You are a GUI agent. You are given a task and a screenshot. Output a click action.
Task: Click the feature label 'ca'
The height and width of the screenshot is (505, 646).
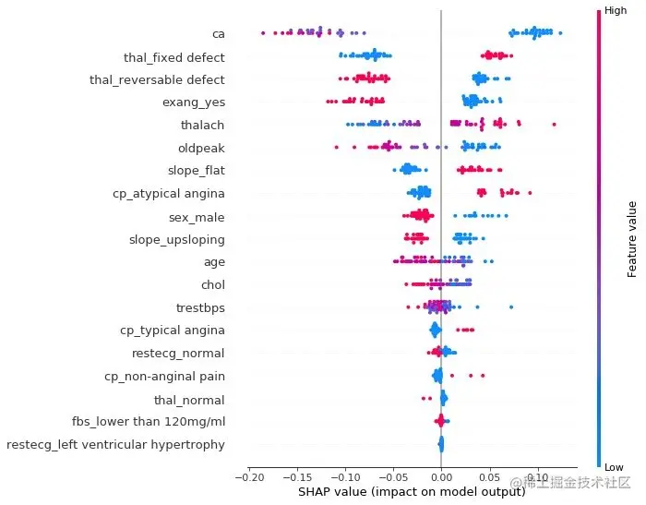tap(218, 34)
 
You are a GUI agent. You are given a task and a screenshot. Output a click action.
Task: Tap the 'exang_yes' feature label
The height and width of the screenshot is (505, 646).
tap(193, 102)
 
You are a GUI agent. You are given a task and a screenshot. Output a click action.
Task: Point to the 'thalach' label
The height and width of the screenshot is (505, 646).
tap(202, 125)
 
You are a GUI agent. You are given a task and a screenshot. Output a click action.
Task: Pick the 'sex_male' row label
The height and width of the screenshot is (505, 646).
tap(197, 217)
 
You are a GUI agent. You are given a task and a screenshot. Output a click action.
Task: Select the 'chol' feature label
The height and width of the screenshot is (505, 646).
tap(212, 284)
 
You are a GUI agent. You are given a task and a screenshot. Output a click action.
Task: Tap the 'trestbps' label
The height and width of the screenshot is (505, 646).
tap(200, 307)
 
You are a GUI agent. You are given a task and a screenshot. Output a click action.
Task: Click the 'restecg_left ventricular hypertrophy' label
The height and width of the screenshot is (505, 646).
tap(115, 445)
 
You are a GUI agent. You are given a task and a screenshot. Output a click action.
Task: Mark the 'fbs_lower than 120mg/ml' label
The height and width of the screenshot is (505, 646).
tap(148, 422)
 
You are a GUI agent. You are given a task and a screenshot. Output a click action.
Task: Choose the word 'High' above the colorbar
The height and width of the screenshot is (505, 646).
tap(616, 9)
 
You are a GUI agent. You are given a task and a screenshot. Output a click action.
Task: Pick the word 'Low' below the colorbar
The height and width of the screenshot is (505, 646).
tap(615, 468)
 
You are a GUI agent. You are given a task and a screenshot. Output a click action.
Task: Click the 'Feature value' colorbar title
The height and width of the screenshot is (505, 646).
tap(633, 238)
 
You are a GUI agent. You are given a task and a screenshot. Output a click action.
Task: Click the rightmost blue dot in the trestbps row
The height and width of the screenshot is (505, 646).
tap(510, 307)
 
